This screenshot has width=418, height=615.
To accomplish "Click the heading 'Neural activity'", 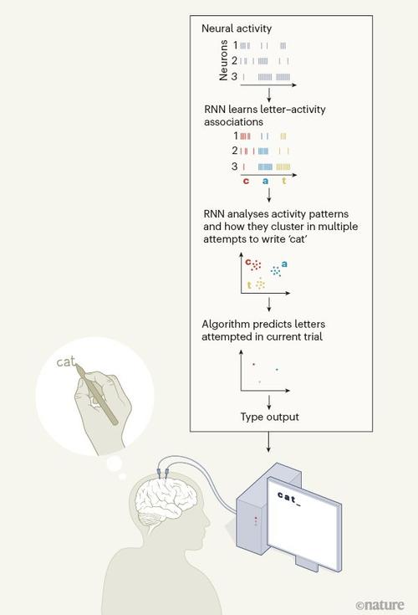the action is pos(237,28).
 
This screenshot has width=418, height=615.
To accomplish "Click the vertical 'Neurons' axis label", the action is pos(223,60).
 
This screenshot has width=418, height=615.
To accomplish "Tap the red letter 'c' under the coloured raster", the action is pos(246,181).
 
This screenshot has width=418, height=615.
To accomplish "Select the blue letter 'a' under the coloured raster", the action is pos(265,181).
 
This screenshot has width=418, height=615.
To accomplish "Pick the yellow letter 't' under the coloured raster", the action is pos(284,181).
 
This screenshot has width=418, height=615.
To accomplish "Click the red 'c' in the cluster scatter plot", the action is pos(248,262).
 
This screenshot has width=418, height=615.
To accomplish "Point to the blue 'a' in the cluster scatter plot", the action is pos(284,264).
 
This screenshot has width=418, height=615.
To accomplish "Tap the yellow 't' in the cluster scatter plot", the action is pos(249,285).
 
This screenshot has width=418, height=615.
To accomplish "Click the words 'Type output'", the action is pos(269,417).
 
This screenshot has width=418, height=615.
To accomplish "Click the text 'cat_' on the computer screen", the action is pos(289,498).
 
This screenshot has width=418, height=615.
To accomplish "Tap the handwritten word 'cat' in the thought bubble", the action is pos(65,361).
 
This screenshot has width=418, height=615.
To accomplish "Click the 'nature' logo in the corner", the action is pos(380,605).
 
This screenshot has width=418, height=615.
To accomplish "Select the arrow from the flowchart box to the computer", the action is pos(268,442).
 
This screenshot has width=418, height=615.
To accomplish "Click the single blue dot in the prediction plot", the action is pos(277,370).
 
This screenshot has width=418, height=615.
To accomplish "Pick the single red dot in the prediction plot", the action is pos(254,364).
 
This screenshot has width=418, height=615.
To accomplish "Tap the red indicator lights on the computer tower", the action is pos(256,520).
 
